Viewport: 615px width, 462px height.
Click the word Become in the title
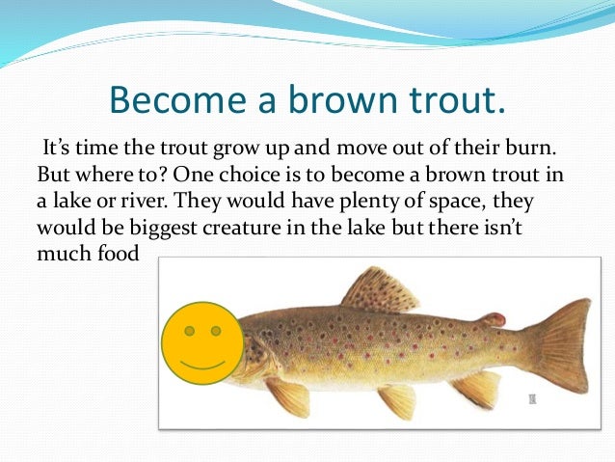click(167, 100)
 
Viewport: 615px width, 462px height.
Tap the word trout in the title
click(444, 100)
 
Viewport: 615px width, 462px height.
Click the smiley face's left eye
click(190, 331)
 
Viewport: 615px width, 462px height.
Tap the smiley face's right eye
click(216, 331)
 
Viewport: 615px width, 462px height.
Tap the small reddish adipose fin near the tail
click(494, 318)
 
